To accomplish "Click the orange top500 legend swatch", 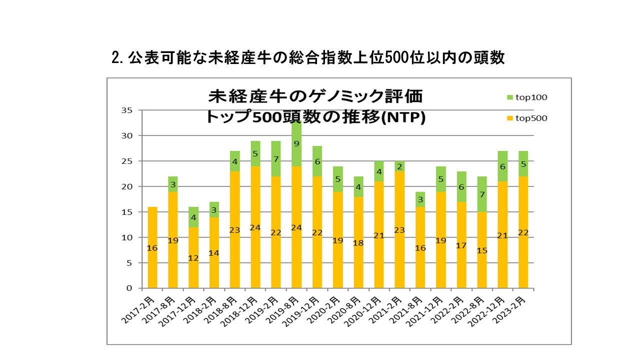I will tap(510, 118).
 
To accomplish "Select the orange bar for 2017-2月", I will tap(152, 247).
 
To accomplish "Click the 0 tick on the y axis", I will tap(129, 288).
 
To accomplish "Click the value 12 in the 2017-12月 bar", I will tap(193, 258).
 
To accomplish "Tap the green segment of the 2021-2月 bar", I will tap(399, 166).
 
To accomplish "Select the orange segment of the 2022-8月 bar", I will tap(481, 250).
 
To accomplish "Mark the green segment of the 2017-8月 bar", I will tap(173, 184).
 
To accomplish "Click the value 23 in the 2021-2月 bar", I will tap(399, 230).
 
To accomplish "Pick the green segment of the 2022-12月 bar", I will tap(502, 166).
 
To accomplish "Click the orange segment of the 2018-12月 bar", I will tap(255, 227).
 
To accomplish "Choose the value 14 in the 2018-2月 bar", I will tap(214, 253).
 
